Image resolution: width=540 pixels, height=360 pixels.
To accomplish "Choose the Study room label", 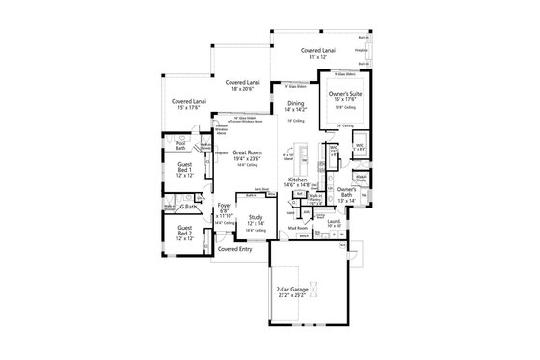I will pos(256,218).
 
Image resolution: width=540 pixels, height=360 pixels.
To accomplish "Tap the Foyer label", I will pos(224,205).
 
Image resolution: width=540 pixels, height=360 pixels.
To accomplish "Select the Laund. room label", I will pos(335,222).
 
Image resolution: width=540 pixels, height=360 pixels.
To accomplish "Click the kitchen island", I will pos(300,154).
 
